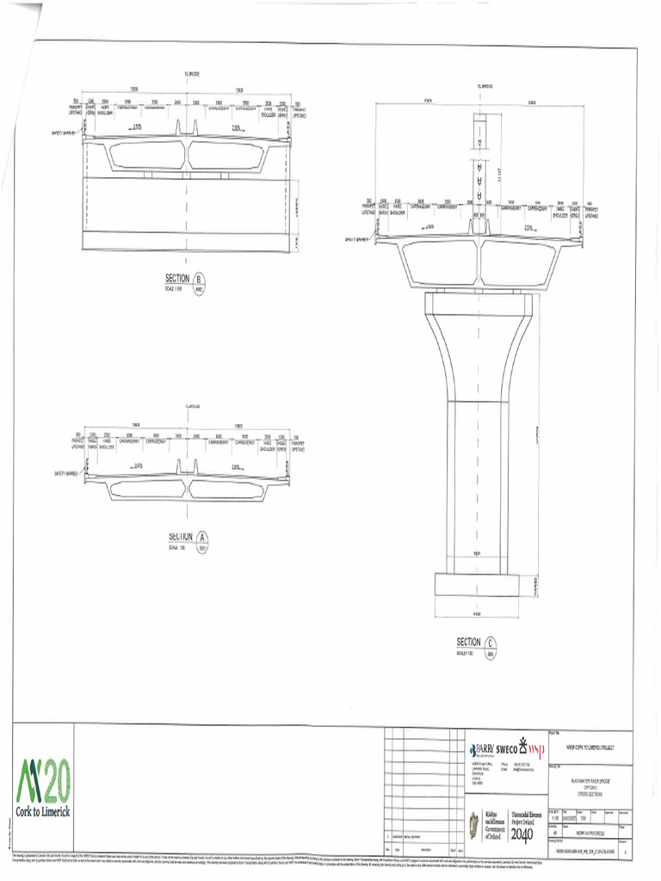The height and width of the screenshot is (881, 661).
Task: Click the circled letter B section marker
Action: [200, 280]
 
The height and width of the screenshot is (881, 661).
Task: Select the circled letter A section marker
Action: [203, 539]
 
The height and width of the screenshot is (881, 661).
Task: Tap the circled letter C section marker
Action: [490, 644]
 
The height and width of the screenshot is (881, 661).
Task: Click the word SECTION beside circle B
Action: [177, 278]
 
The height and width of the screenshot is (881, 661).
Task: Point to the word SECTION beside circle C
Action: [468, 642]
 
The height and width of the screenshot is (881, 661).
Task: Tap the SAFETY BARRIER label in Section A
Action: [66, 473]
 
